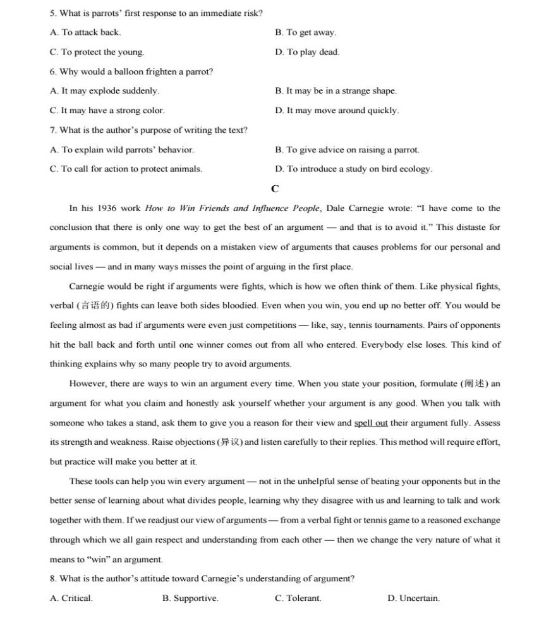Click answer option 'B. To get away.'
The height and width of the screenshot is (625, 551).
coord(305,32)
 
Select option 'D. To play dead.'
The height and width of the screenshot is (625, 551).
coord(307,52)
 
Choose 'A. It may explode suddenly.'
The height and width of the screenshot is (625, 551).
coord(104,91)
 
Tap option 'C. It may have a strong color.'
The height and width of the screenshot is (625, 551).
coord(107,111)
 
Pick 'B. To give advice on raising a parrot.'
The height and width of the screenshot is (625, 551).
coord(347,150)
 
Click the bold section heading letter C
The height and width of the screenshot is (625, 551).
coord(275,188)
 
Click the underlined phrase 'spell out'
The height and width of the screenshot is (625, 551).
coord(371,423)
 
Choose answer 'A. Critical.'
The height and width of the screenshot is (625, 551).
coord(71,598)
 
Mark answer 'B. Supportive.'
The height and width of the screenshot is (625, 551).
coord(190,598)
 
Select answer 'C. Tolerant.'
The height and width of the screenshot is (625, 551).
coord(298,598)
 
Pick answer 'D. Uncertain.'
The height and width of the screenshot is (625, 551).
coord(413,598)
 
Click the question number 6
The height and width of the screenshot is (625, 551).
coord(53,71)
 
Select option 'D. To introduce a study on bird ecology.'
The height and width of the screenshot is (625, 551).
coord(353,169)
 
